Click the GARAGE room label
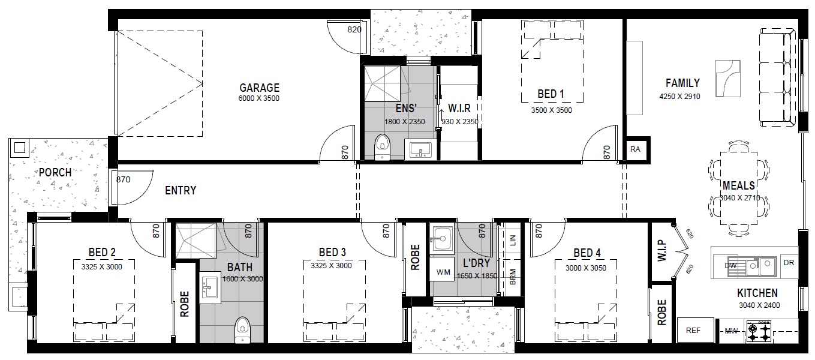(x=260, y=88)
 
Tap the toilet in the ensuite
(x=382, y=146)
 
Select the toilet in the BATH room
(x=243, y=330)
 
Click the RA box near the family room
(x=635, y=149)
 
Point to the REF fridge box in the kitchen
(x=695, y=330)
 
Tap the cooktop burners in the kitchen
(x=759, y=332)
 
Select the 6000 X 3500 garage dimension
(x=258, y=98)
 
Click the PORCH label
(x=55, y=172)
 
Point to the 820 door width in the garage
(x=354, y=29)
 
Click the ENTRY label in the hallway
(x=181, y=190)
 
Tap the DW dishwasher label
(x=730, y=265)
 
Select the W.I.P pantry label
(x=662, y=250)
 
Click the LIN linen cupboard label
(x=513, y=240)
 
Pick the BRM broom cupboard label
(x=513, y=277)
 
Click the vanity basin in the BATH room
(x=210, y=287)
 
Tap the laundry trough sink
(x=441, y=239)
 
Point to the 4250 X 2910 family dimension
(x=679, y=97)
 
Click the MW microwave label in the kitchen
(x=731, y=331)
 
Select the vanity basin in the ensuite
(x=420, y=150)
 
